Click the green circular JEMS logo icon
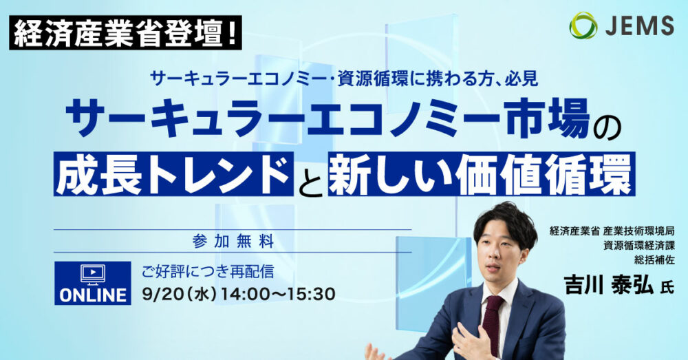(583, 25)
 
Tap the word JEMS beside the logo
(640, 25)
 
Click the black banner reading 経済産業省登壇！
(125, 32)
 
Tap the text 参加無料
(233, 242)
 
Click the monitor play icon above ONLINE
(93, 275)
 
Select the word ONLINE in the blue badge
(93, 295)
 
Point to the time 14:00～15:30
(278, 294)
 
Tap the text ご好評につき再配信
(208, 271)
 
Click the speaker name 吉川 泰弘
(610, 286)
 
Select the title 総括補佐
(654, 260)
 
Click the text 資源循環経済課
(639, 246)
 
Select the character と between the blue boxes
(311, 179)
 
